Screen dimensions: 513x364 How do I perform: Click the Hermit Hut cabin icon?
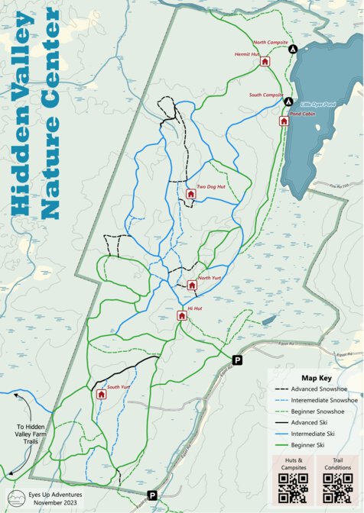coord(265,62)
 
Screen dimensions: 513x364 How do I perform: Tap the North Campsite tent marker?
coord(292,49)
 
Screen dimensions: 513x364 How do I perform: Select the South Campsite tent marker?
coord(288,102)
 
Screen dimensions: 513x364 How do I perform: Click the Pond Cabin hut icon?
coord(283,121)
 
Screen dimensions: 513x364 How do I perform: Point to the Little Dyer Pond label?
coord(317,104)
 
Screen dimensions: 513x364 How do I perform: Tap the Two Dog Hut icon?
coord(191,195)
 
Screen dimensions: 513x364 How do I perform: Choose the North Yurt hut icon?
coord(192,286)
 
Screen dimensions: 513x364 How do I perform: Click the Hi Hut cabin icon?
coord(183,315)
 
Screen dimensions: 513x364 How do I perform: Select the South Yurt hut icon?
coord(101,395)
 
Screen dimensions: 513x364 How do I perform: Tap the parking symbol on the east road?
coord(237,360)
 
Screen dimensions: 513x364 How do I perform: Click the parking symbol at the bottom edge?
coord(152,495)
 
